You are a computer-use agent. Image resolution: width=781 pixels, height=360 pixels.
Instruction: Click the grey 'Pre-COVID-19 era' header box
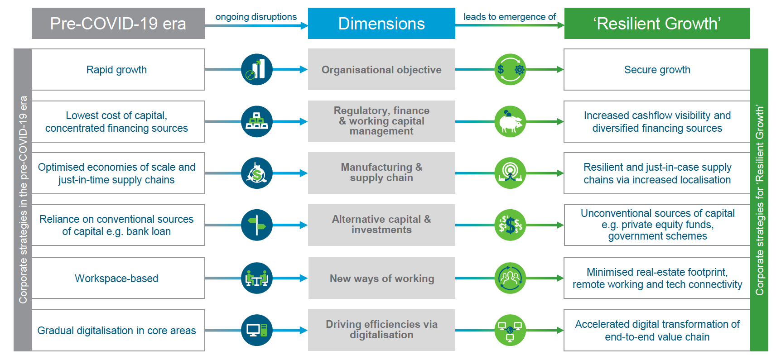pyautogui.click(x=118, y=24)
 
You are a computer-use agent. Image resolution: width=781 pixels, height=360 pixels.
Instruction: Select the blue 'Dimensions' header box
pyautogui.click(x=381, y=24)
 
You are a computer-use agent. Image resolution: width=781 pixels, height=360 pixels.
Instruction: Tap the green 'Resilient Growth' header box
pyautogui.click(x=657, y=24)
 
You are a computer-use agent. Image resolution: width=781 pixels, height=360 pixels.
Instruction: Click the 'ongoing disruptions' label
pyautogui.click(x=256, y=17)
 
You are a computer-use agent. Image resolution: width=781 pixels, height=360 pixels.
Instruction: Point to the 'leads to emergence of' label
pyautogui.click(x=510, y=17)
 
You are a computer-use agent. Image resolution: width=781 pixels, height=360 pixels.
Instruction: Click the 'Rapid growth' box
pyautogui.click(x=118, y=69)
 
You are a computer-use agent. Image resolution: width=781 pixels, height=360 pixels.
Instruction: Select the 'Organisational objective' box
pyautogui.click(x=381, y=69)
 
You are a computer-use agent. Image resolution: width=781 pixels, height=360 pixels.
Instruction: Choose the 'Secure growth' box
pyautogui.click(x=657, y=69)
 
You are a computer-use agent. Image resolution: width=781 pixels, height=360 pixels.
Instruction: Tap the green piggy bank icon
pyautogui.click(x=510, y=121)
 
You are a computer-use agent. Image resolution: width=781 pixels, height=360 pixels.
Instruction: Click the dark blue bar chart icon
pyautogui.click(x=257, y=69)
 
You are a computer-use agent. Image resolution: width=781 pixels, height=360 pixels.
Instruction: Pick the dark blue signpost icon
pyautogui.click(x=257, y=225)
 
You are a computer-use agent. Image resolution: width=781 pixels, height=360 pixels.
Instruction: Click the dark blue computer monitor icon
pyautogui.click(x=257, y=330)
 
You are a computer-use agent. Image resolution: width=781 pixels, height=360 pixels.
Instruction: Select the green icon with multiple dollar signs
pyautogui.click(x=510, y=225)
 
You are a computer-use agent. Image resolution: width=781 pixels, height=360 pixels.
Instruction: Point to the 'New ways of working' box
pyautogui.click(x=382, y=278)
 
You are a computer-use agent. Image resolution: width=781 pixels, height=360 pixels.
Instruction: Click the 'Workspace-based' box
pyautogui.click(x=118, y=278)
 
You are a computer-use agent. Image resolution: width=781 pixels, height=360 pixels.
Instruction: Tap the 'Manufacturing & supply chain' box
pyautogui.click(x=381, y=173)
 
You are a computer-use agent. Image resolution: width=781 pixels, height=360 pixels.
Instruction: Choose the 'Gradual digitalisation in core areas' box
pyautogui.click(x=118, y=330)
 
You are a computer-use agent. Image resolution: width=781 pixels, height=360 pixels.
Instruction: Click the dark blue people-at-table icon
pyautogui.click(x=257, y=278)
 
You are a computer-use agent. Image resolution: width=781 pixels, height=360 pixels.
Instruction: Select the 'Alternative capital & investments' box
pyautogui.click(x=381, y=225)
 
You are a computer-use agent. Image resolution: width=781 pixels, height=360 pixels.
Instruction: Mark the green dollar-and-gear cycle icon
pyautogui.click(x=510, y=69)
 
